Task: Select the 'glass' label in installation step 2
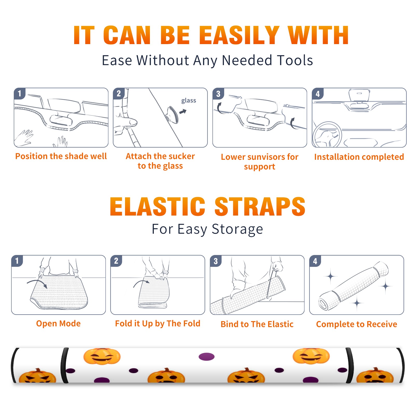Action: click(189, 101)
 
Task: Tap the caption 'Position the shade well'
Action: click(61, 156)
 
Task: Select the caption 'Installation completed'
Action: click(359, 157)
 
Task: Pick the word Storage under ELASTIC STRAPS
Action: click(237, 229)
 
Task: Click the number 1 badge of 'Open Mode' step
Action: click(17, 261)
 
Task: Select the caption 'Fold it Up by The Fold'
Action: click(158, 324)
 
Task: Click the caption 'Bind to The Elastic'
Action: click(257, 324)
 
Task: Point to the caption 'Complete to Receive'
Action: click(357, 324)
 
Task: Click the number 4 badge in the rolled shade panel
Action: click(315, 261)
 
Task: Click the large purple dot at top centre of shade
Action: click(206, 357)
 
